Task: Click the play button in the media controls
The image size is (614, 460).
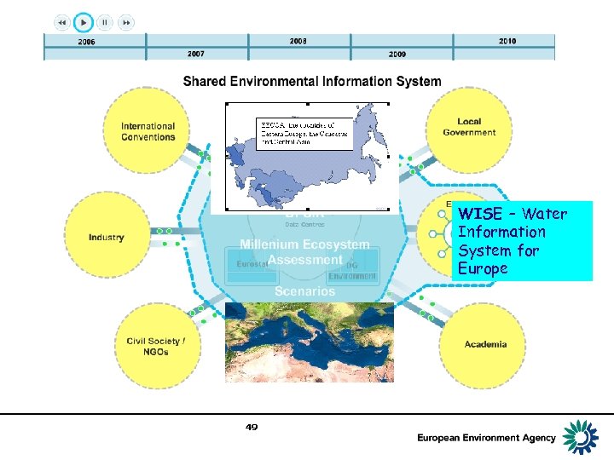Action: coord(84,22)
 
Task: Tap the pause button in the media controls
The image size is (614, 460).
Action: coord(105,22)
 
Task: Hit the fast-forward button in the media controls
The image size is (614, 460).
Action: coord(126,22)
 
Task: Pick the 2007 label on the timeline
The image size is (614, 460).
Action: coord(196,54)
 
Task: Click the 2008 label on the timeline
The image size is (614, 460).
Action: coord(298,41)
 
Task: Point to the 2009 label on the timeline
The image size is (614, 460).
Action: coord(397,54)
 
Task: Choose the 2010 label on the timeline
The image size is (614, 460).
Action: coord(507,41)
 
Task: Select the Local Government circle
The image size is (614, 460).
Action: coord(469,128)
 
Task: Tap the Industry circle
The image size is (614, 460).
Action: coord(107,237)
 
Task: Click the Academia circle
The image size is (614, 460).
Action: coord(484,344)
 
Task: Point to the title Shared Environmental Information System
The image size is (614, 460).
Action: coord(312,82)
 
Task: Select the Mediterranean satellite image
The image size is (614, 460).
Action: coord(310,342)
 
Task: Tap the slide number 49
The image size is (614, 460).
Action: coord(252,427)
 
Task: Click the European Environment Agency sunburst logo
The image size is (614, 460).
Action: coord(584,436)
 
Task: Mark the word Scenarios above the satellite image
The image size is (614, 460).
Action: coord(304,290)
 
